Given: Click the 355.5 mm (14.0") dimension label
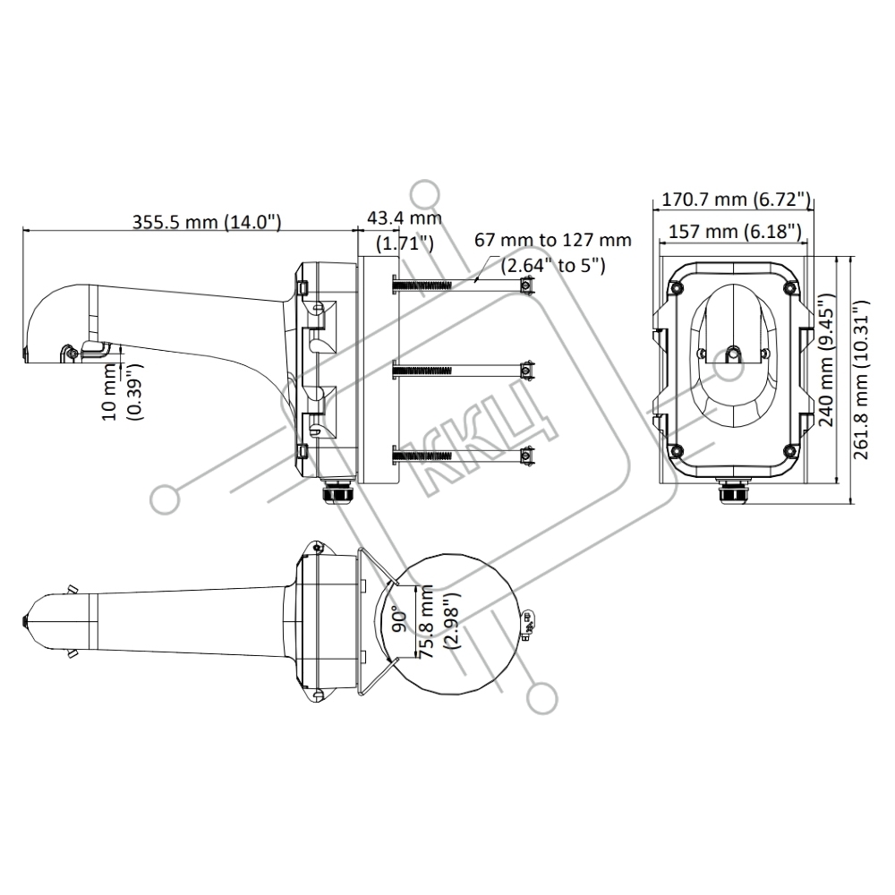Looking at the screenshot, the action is click(x=207, y=221).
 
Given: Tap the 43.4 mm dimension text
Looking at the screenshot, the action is click(x=405, y=217).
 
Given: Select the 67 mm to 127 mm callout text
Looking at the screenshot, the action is click(x=553, y=240).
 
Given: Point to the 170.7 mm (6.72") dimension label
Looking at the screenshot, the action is click(x=736, y=200).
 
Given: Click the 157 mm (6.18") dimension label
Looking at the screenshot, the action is click(x=735, y=231).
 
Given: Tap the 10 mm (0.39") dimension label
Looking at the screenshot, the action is click(x=122, y=392).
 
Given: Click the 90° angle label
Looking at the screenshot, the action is click(x=401, y=620).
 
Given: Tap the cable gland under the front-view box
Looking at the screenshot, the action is click(x=734, y=491).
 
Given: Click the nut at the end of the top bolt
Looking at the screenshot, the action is click(x=528, y=285).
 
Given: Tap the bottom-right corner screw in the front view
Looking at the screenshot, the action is click(x=790, y=451).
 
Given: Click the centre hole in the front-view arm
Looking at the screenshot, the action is click(x=734, y=354).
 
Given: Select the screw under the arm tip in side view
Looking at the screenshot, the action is click(x=70, y=354).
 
